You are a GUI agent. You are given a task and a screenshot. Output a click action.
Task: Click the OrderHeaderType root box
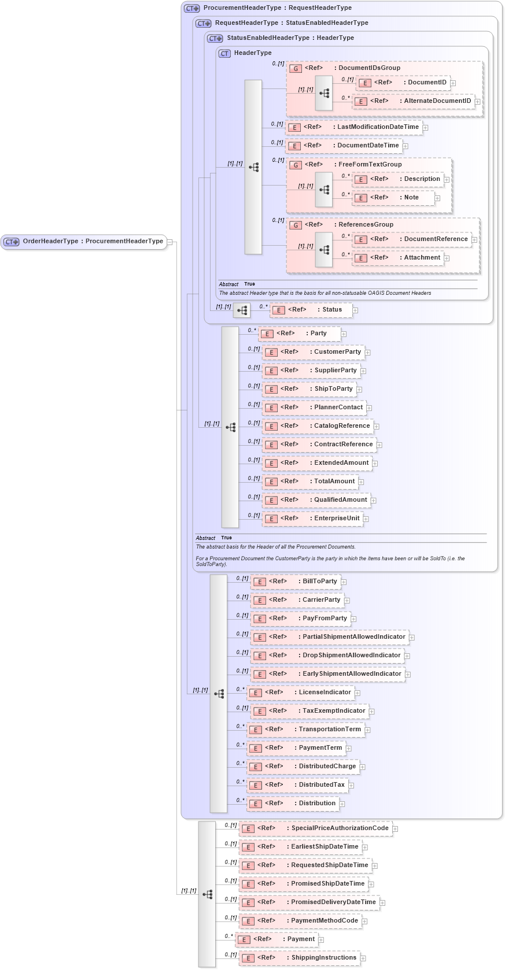pos(84,242)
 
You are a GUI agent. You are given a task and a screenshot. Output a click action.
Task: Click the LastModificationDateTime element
pos(354,127)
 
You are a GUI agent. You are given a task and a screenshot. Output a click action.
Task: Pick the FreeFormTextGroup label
pos(370,165)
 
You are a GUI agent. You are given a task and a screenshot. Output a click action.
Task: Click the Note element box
pos(393,198)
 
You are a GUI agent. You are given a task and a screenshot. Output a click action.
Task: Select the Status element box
pos(311,310)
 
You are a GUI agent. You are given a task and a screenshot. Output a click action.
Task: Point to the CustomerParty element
pos(314,352)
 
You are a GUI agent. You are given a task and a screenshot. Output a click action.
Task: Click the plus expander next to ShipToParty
pos(359,390)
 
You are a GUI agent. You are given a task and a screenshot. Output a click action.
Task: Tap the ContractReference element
pos(319,445)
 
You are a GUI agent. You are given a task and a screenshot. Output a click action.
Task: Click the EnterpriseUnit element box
pos(313,519)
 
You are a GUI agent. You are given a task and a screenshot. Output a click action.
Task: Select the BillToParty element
pos(296,582)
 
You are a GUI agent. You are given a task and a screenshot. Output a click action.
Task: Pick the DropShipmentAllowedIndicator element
pos(327,656)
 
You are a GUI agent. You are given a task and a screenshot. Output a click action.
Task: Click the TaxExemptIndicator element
pos(310,711)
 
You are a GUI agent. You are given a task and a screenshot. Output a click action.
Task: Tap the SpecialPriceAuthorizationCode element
pos(316,828)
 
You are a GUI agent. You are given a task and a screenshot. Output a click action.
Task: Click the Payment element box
pos(277,939)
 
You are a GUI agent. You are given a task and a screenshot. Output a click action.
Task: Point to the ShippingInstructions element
pos(300,958)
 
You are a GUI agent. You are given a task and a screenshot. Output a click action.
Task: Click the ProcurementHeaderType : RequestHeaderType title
pos(277,8)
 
